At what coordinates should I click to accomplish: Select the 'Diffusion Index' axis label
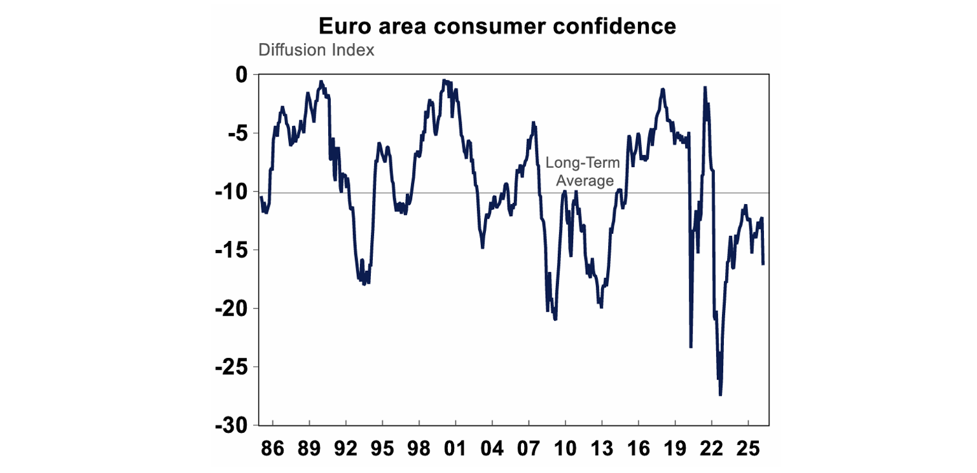[x=316, y=50]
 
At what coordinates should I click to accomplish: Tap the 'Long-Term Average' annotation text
[x=583, y=172]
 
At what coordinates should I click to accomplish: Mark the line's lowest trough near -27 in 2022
[x=720, y=395]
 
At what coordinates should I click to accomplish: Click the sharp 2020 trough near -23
[x=691, y=346]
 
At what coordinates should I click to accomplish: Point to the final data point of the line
[x=763, y=263]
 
